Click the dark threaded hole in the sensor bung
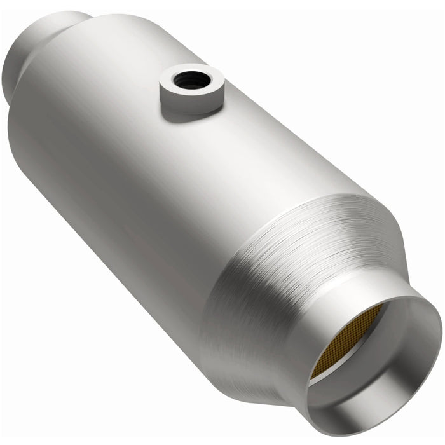click(190, 80)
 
